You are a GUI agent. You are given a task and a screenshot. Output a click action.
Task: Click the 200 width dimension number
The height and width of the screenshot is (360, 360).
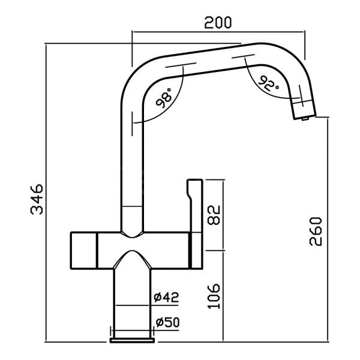pyautogui.click(x=218, y=23)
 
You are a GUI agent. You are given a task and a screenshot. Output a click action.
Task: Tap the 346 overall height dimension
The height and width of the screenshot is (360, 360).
pyautogui.click(x=37, y=199)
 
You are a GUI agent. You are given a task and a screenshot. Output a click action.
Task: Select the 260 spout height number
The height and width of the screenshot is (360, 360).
pyautogui.click(x=316, y=231)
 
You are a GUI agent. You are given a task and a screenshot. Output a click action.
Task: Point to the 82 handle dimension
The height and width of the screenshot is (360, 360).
pyautogui.click(x=214, y=215)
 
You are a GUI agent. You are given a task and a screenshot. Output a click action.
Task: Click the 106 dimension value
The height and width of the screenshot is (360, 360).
pyautogui.click(x=214, y=296)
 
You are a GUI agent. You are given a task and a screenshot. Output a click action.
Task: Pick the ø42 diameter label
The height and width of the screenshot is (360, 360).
pyautogui.click(x=166, y=297)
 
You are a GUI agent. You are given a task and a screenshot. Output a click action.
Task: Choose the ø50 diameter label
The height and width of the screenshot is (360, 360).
pyautogui.click(x=167, y=322)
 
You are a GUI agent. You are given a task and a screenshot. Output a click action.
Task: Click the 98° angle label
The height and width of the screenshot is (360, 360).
pyautogui.click(x=164, y=98)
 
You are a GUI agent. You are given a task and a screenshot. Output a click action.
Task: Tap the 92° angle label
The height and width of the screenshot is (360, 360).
pyautogui.click(x=269, y=83)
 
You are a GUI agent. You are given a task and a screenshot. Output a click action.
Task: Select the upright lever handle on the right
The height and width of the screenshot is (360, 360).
pyautogui.click(x=195, y=224)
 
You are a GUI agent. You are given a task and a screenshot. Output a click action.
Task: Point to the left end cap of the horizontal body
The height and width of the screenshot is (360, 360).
pyautogui.click(x=84, y=250)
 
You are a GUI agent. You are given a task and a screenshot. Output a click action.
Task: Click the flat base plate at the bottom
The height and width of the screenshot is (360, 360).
pyautogui.click(x=132, y=340)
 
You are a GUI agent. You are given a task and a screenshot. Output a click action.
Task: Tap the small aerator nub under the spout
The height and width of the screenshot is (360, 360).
pyautogui.click(x=305, y=118)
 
